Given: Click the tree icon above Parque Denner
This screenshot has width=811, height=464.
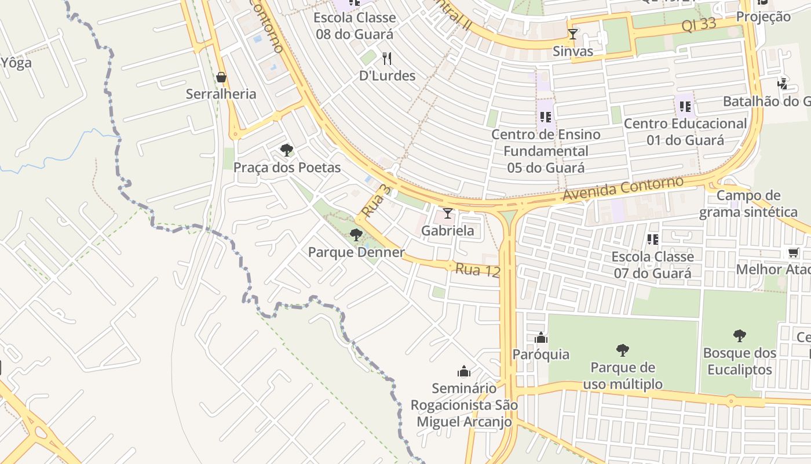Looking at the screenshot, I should point(356,235).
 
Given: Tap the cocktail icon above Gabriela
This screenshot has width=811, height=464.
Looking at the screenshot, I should point(447,213).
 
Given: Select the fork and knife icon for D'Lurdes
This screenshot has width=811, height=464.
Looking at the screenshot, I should point(388,59).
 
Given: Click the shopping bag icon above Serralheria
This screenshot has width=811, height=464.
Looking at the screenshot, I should point(221,77).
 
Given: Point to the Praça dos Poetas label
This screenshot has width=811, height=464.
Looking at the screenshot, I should point(287,168).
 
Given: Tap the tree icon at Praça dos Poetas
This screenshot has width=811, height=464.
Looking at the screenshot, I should point(286,150).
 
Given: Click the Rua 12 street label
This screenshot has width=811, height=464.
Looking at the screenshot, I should point(477,270).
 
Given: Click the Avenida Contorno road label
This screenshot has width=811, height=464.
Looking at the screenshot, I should point(623,189).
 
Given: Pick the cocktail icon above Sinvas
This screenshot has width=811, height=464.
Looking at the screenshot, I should point(572,34).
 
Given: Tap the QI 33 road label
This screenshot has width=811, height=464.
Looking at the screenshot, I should point(699,25).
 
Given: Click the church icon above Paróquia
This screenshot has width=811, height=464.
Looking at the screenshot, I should point(540,338).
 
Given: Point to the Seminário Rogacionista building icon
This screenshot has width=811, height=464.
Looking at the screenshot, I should point(463,371).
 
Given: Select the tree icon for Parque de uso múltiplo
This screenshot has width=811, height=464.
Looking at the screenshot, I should point(622,350).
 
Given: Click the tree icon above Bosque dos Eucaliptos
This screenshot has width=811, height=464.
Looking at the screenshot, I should point(739,335).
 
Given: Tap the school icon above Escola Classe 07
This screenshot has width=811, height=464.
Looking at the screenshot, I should point(652,239).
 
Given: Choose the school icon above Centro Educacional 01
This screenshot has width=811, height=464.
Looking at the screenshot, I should point(685,107).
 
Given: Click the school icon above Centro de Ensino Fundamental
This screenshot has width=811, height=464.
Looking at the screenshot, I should point(545,117).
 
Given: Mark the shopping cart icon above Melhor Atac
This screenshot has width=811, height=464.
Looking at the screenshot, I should point(792,253).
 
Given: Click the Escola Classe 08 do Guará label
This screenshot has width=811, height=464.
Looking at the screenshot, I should point(355,26).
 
